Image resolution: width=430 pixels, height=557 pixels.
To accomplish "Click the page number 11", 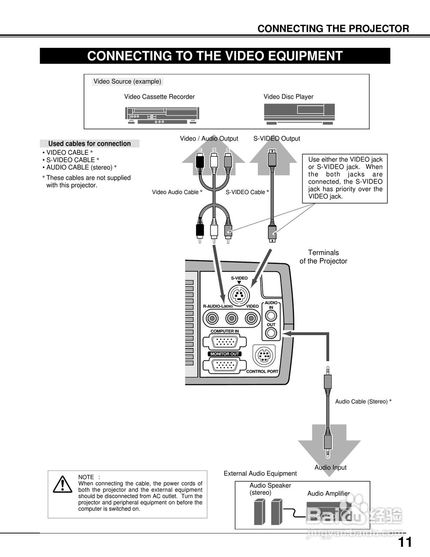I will click(405, 542).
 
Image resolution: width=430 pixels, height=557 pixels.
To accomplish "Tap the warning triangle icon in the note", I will click(63, 484).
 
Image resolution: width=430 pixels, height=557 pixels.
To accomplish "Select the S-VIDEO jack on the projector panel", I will click(239, 295).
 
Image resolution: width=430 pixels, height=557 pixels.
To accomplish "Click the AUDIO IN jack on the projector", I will click(271, 316).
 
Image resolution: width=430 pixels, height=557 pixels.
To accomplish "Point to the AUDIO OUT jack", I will click(271, 333).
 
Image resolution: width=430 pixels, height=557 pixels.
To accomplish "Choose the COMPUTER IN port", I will click(224, 342).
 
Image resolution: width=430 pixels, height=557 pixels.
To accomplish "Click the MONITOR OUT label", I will click(225, 354).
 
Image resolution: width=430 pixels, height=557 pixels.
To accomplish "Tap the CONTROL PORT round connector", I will click(264, 356).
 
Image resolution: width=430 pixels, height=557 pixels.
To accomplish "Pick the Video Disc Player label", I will click(288, 97).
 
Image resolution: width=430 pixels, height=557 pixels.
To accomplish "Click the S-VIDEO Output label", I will click(277, 138).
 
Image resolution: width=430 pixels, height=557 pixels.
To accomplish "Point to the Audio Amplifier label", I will click(328, 493).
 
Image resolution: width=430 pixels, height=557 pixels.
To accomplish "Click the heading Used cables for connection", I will click(89, 144).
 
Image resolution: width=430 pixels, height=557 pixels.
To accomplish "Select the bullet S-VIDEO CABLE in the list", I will click(71, 160).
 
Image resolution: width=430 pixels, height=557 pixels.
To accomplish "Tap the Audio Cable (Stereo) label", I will click(363, 401).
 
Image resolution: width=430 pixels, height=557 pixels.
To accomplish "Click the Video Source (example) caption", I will click(127, 81).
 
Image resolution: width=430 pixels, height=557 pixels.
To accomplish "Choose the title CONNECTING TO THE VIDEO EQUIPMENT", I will click(215, 56).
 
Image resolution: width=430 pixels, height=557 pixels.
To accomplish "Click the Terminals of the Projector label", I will click(323, 257).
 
